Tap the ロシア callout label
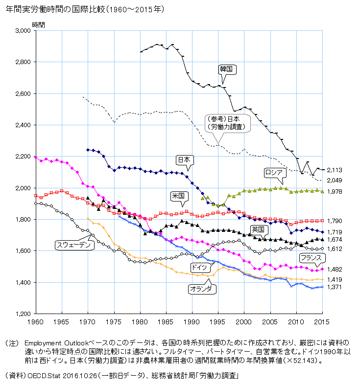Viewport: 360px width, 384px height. coord(273,172)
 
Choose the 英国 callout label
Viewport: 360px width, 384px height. coord(259,229)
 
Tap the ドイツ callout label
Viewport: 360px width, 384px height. coord(199,267)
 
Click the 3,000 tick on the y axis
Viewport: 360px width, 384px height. coord(23,30)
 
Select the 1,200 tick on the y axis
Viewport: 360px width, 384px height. coord(23,314)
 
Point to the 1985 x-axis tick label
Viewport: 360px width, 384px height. coord(166,321)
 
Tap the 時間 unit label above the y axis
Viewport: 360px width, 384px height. coord(38,24)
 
